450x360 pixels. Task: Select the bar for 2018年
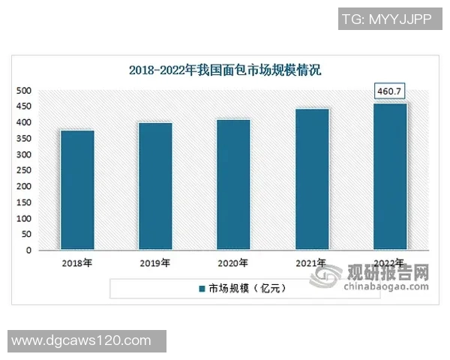point(77,190)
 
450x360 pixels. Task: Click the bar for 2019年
point(155,186)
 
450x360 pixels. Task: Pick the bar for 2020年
point(233,184)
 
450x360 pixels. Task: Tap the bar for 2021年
point(311,179)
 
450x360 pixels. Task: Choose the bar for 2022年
point(389,176)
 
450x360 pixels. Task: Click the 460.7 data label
point(389,91)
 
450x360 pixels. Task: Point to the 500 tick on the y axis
point(24,91)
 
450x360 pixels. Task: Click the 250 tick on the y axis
point(24,171)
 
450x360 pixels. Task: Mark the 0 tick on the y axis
point(28,250)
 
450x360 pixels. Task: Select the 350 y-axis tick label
point(24,139)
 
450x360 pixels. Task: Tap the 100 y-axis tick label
point(24,219)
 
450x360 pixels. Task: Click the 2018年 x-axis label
point(77,264)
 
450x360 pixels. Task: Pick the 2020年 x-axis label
point(233,264)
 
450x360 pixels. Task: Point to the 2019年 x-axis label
point(155,264)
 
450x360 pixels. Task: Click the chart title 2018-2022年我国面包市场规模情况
point(225,72)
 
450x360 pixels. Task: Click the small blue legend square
point(201,288)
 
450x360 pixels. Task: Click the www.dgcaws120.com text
point(82,340)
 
